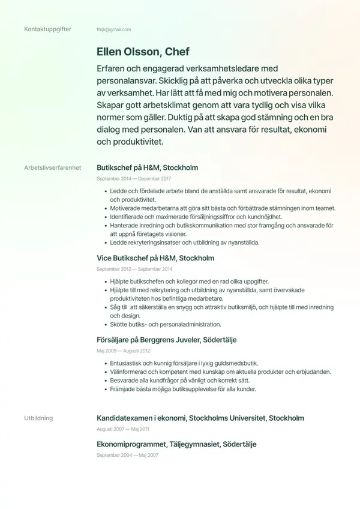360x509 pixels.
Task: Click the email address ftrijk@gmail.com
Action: (x=113, y=29)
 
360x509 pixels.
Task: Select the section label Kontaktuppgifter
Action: (x=47, y=29)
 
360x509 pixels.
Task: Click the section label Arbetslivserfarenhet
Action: (x=53, y=167)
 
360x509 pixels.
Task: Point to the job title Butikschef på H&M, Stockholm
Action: (x=147, y=167)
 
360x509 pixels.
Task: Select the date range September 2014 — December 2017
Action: (x=134, y=179)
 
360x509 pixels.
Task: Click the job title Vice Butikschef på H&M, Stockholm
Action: (x=155, y=258)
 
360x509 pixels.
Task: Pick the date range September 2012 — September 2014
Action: (x=134, y=270)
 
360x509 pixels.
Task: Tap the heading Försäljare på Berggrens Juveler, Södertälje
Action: (x=166, y=340)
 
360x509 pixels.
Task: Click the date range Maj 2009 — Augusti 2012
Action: (x=123, y=351)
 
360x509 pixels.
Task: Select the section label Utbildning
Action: (x=38, y=418)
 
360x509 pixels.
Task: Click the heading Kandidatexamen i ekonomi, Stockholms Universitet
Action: (x=200, y=418)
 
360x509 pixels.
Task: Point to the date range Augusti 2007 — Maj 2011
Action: (x=123, y=429)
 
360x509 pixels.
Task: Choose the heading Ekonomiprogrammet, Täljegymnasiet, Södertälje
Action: (x=176, y=444)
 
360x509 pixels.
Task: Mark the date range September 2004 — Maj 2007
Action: (x=127, y=456)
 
